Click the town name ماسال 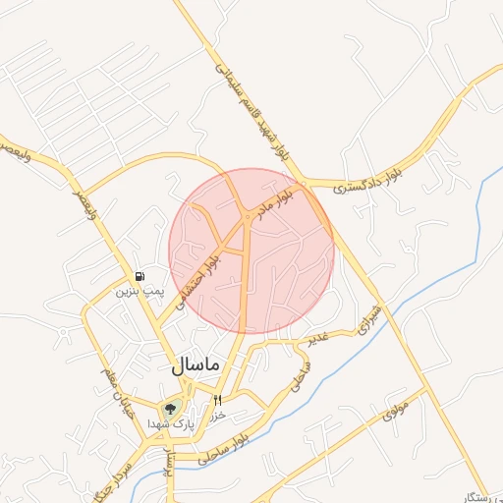coord(193,365)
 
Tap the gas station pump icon coord(142,276)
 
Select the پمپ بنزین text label coord(138,291)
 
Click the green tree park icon coord(170,409)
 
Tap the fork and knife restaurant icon coord(217,400)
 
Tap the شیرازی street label coord(368,315)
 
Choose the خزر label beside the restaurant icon coord(219,415)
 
